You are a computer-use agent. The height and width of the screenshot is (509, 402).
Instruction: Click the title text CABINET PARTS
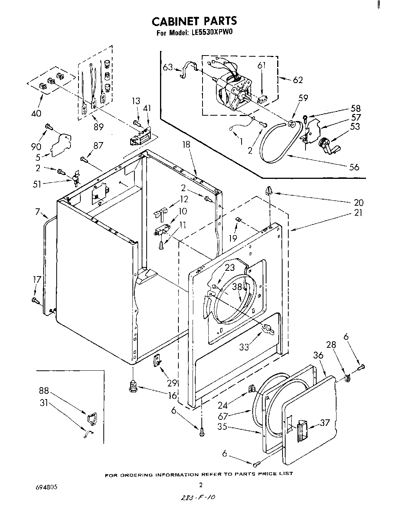click(194, 21)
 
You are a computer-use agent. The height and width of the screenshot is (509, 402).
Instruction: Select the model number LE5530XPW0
click(210, 33)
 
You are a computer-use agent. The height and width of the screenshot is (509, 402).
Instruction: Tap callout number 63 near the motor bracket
click(168, 67)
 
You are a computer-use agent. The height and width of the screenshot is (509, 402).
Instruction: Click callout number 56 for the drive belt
click(354, 167)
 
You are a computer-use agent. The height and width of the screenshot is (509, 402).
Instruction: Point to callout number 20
click(359, 203)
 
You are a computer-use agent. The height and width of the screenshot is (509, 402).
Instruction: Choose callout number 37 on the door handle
click(325, 422)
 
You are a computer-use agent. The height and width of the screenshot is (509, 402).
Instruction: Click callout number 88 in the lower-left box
click(44, 391)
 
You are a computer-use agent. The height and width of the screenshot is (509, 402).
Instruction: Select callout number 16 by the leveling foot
click(172, 396)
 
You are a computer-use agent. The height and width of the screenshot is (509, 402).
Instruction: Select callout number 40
click(37, 113)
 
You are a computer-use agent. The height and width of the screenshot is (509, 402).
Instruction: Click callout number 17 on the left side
click(37, 280)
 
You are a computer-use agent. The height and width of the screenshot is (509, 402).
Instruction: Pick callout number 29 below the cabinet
click(172, 383)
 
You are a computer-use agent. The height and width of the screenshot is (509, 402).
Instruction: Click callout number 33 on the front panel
click(244, 347)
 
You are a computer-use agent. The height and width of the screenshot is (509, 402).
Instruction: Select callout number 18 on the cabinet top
click(186, 144)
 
